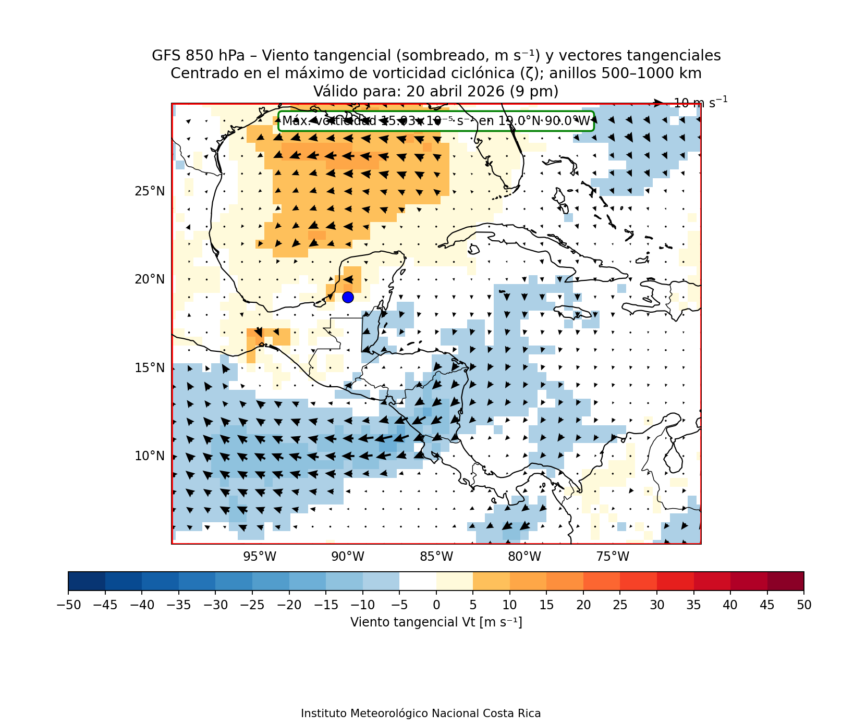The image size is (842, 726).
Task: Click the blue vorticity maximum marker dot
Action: click(x=348, y=297)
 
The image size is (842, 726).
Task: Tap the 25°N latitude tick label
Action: click(x=150, y=191)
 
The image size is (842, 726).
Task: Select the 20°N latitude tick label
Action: click(x=150, y=279)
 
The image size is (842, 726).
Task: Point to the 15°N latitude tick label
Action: click(x=150, y=368)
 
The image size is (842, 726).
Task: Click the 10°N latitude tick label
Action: click(x=150, y=456)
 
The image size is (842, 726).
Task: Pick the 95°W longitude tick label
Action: click(x=260, y=557)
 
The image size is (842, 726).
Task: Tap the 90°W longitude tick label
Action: click(x=348, y=557)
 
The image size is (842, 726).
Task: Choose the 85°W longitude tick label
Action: click(x=436, y=557)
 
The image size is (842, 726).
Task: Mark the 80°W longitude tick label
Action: click(x=524, y=557)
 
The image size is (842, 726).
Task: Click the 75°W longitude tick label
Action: click(x=613, y=557)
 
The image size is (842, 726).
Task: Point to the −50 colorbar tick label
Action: click(x=68, y=605)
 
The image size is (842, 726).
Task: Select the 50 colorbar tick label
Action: click(x=804, y=605)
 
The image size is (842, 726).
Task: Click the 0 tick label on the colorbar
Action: click(x=436, y=605)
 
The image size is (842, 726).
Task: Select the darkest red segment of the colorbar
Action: click(x=786, y=581)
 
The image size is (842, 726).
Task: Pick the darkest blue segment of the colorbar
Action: click(x=87, y=581)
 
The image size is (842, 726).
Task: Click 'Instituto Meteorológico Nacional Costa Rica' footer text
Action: click(x=421, y=713)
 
